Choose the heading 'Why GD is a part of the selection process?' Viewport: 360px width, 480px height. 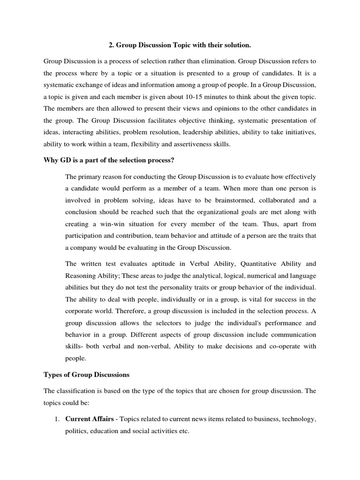point(109,160)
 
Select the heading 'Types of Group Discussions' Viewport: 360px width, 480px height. point(86,375)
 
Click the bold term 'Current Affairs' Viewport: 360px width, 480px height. point(88,419)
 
